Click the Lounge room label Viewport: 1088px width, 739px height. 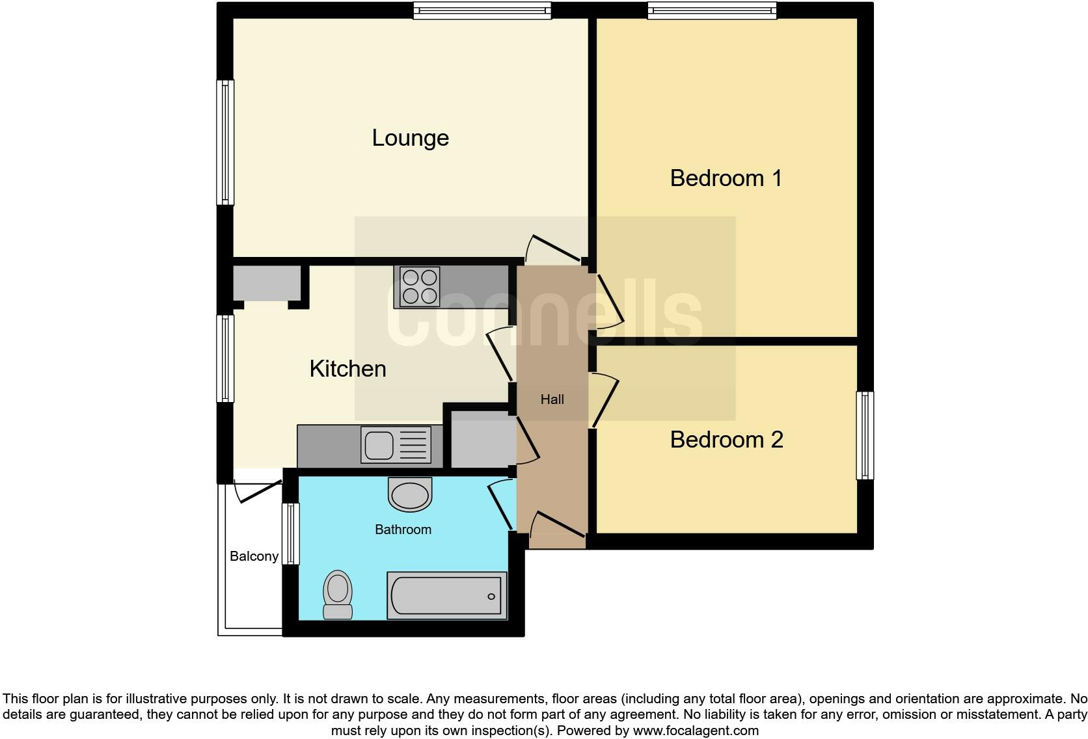[x=410, y=138]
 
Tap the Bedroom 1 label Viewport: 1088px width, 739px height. [x=726, y=178]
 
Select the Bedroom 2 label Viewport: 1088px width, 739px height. [x=726, y=440]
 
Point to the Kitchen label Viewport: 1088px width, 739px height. [x=347, y=369]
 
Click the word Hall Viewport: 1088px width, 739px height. [x=552, y=399]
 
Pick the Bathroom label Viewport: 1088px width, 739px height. [x=403, y=530]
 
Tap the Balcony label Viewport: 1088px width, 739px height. [x=254, y=556]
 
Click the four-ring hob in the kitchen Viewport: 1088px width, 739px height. [x=419, y=287]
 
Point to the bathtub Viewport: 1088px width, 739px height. [x=446, y=596]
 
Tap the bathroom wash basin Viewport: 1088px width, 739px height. [x=410, y=494]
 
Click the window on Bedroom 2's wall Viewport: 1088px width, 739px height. [x=865, y=435]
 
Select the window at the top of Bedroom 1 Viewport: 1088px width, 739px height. [x=712, y=10]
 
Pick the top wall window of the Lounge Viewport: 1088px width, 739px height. [x=482, y=10]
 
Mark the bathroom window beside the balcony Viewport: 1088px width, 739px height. [x=290, y=534]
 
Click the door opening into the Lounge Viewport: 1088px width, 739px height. [x=552, y=250]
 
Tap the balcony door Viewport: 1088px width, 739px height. [x=258, y=491]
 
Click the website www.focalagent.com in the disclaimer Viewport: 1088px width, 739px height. [x=696, y=731]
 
